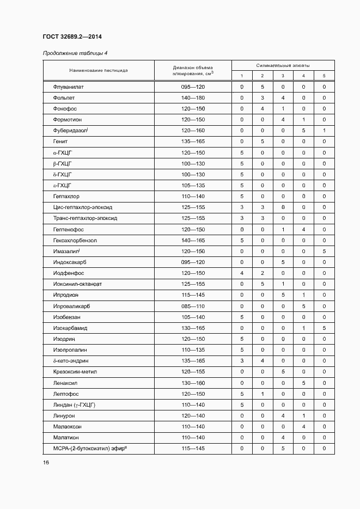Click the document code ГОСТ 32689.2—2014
pos(72,36)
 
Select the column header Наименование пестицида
pos(99,70)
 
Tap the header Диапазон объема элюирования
pos(193,70)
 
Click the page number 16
pos(46,462)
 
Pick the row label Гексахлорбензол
pos(75,240)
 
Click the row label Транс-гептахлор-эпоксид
pos(85,218)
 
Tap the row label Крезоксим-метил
pos(75,372)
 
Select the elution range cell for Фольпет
pos(193,98)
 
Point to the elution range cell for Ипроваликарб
pos(193,306)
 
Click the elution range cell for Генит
pos(193,142)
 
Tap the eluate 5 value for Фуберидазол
pos(324,131)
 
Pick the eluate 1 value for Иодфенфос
pos(242,273)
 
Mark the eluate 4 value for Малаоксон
pos(303,427)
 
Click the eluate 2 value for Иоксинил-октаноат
pos(262,284)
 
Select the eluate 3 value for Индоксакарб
pos(283,262)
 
